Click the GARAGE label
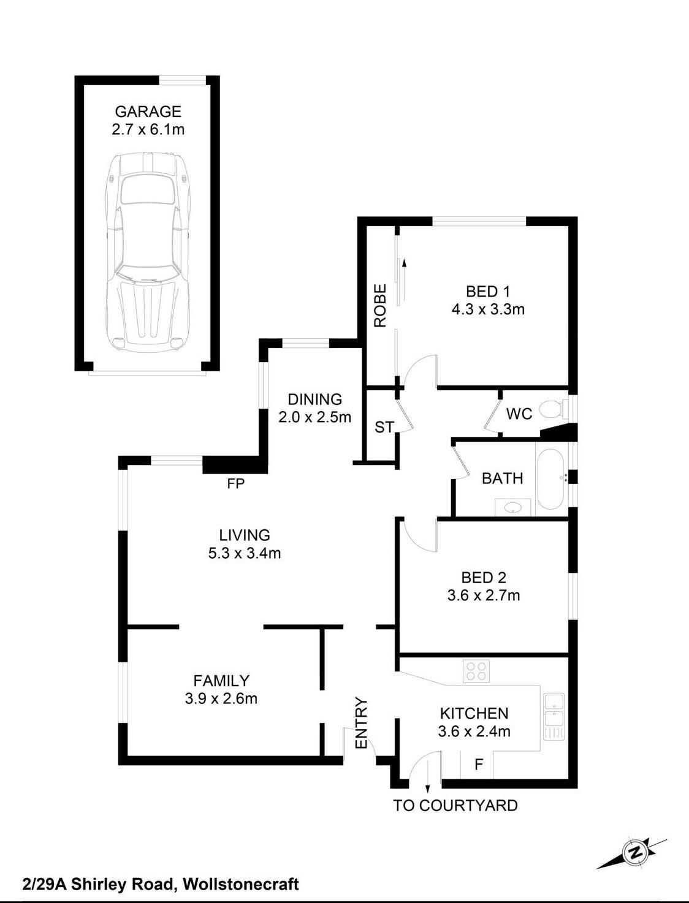point(148,111)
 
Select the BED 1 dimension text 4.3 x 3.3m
point(488,309)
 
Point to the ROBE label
point(380,306)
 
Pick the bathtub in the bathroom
point(551,478)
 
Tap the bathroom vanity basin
point(513,507)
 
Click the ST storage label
point(384,427)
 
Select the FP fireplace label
point(236,483)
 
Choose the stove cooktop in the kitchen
point(476,671)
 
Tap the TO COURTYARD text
point(455,806)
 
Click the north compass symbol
point(632,852)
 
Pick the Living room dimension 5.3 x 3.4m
point(245,553)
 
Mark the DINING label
point(315,399)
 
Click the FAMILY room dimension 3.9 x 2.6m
point(221,698)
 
